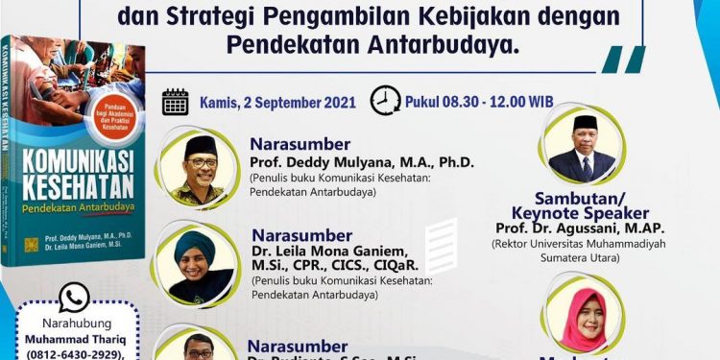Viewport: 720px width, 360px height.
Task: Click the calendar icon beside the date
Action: (x=176, y=102)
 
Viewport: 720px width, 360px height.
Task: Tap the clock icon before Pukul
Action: (x=386, y=101)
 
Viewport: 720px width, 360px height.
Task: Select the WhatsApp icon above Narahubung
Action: (x=74, y=299)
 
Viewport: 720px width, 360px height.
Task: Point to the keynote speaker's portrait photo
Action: (x=583, y=148)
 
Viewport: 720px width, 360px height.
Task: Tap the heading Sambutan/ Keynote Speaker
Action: (x=580, y=204)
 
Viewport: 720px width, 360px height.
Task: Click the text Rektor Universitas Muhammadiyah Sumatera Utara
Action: (x=580, y=251)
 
